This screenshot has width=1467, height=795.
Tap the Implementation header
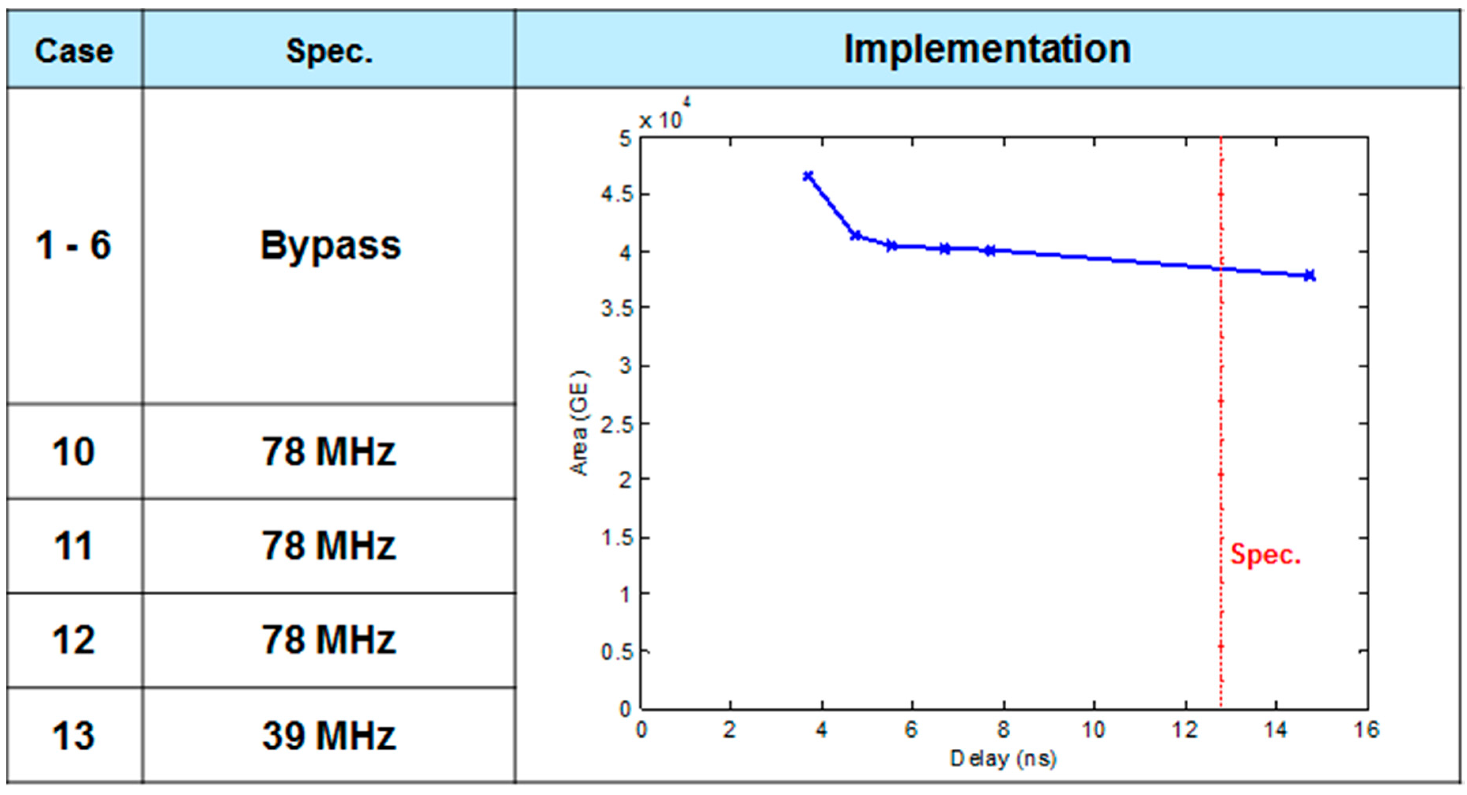point(987,49)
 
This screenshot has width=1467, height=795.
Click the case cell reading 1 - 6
point(74,245)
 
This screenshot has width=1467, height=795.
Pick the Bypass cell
point(330,246)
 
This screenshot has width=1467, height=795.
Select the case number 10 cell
point(74,452)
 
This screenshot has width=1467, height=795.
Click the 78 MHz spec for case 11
point(329,546)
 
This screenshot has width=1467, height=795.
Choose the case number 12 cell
point(74,640)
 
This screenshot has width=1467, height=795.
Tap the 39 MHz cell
point(329,735)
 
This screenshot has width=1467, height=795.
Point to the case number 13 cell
point(74,735)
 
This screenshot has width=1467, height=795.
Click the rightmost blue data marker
point(1309,275)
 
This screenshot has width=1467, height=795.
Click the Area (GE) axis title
point(580,423)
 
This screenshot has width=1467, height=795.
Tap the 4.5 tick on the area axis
point(617,195)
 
